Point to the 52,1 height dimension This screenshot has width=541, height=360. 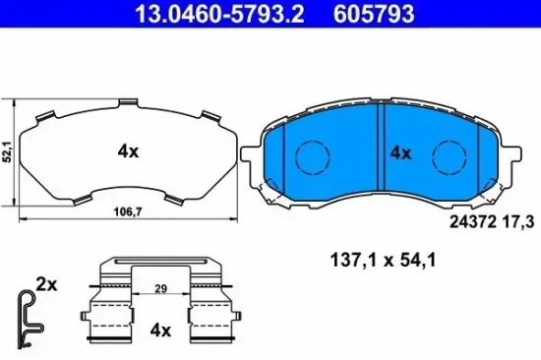point(8,152)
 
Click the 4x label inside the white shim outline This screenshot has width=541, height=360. point(128,151)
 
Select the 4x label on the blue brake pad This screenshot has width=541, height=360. point(399,152)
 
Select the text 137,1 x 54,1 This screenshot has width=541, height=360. point(382,261)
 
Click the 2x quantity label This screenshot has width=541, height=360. point(46,283)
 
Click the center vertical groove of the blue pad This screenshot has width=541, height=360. point(381,152)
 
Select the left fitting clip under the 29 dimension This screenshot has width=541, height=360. point(106,313)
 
